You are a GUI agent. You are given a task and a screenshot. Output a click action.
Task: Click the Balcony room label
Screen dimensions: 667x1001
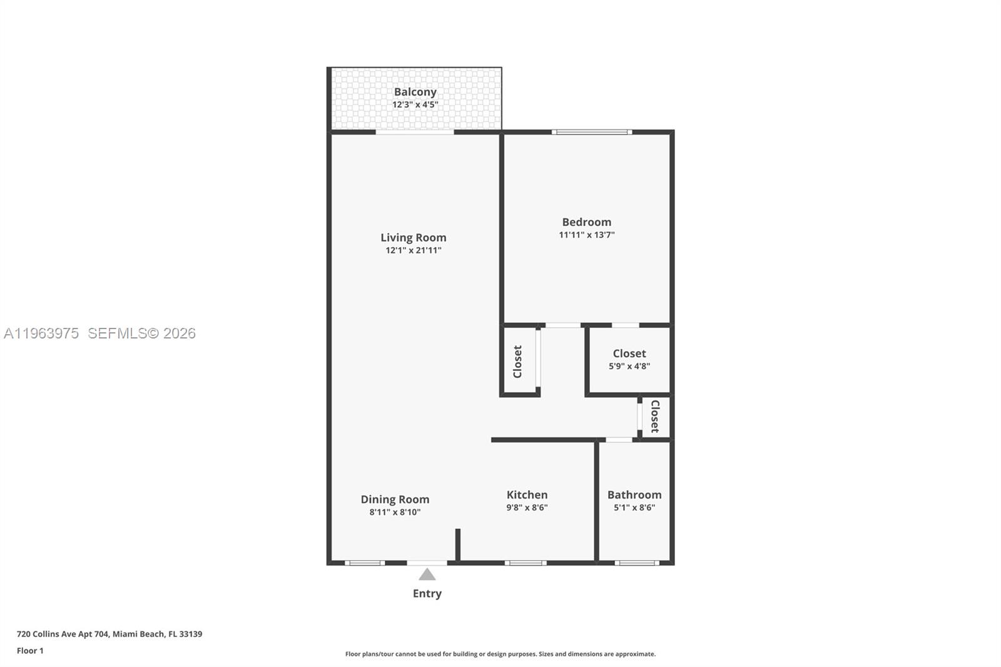coord(415,92)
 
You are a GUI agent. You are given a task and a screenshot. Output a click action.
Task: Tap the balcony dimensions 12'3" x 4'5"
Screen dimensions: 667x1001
coord(415,104)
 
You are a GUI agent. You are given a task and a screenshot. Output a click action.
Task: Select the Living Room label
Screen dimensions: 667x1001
coord(413,238)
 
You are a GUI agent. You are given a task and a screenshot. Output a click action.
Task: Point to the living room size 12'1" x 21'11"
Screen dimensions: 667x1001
coord(413,250)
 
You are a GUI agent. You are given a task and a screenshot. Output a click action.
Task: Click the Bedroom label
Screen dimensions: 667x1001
coord(586,222)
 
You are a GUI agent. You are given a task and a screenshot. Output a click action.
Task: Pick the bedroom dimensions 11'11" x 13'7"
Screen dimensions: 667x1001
coord(586,235)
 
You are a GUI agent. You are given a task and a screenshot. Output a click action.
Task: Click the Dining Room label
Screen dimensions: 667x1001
coord(395,499)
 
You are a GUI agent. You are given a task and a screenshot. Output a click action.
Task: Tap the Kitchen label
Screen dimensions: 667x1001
coord(527,495)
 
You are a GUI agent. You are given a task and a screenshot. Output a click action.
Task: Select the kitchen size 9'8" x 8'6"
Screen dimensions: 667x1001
coord(527,507)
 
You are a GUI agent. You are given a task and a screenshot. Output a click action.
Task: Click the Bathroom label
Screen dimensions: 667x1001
coord(634,495)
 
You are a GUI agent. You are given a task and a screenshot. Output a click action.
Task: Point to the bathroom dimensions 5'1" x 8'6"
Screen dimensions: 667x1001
coord(634,507)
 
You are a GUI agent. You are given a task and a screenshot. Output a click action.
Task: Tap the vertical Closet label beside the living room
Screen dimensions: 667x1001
coord(517,362)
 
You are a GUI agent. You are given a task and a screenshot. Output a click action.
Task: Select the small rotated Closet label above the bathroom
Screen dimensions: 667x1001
coord(655,417)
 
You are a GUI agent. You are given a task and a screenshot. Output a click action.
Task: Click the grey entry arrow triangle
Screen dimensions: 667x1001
coord(427,574)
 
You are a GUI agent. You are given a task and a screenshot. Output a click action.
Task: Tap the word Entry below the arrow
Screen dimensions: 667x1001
coord(427,594)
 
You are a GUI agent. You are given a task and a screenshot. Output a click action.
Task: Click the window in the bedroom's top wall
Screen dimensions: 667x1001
coord(591,132)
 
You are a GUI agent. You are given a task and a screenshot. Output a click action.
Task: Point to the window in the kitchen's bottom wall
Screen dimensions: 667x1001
coord(526,563)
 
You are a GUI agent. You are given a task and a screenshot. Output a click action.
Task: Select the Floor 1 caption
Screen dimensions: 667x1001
coord(30,651)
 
